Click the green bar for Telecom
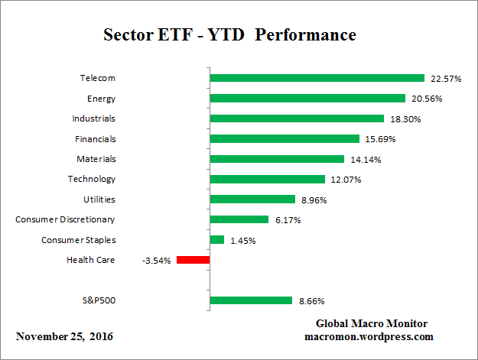coord(317,78)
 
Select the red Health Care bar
coord(193,260)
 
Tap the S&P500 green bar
coord(251,300)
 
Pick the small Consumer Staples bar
coord(217,240)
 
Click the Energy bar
coord(307,98)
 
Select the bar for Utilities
coord(252,199)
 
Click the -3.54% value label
coord(156,261)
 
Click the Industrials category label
coord(93,118)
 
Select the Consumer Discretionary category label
coord(65,219)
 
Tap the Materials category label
coord(96,159)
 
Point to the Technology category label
coord(92,179)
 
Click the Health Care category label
coord(90,260)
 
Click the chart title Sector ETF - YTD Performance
coord(229,35)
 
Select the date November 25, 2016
coord(63,336)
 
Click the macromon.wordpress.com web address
coord(369,336)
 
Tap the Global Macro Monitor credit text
coord(371,323)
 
